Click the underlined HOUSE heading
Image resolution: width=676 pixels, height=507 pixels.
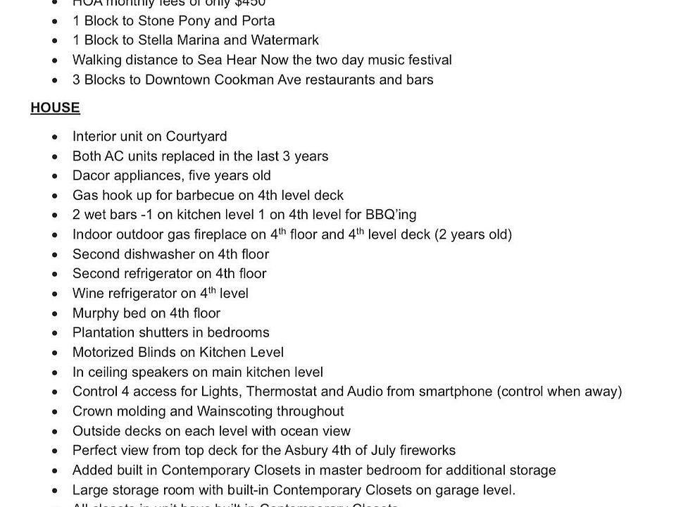(55, 108)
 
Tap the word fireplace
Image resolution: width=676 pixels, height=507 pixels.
(231, 234)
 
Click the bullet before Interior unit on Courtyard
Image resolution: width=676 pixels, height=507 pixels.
(56, 137)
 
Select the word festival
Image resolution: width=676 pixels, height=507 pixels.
(425, 60)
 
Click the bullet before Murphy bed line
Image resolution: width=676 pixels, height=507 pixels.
(56, 313)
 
